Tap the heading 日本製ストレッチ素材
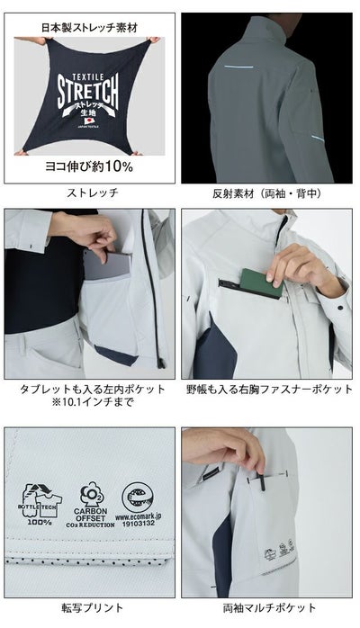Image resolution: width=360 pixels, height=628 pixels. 88,26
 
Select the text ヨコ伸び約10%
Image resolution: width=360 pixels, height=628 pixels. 88,166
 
